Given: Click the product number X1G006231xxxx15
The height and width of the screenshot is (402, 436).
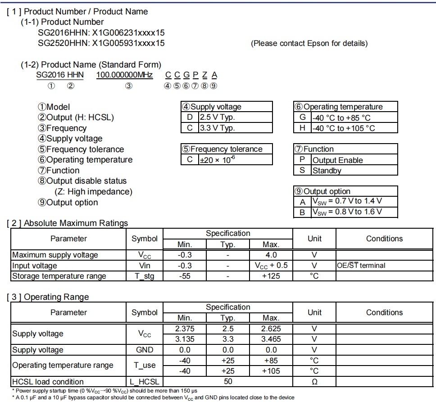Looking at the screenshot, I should point(128,32).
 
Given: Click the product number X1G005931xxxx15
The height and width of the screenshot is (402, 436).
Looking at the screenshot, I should point(128,43).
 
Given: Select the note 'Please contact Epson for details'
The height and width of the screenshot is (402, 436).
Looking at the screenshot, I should point(309,43).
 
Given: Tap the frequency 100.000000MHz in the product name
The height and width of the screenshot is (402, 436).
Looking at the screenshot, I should point(125,75).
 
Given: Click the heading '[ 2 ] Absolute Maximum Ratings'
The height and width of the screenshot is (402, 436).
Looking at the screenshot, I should point(68,223).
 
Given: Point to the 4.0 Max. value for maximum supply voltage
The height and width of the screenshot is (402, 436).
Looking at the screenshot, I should point(271,255).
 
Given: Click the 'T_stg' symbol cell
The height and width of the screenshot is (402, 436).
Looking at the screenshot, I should point(144,276).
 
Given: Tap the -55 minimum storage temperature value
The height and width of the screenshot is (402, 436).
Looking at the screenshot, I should point(185,276).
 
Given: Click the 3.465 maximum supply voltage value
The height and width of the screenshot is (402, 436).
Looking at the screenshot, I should point(271,339).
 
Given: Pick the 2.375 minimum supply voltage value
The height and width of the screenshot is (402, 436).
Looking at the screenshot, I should point(185,329).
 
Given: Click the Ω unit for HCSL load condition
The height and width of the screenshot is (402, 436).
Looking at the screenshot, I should point(314,382).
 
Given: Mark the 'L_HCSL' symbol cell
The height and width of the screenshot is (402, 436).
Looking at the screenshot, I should point(144,382).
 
